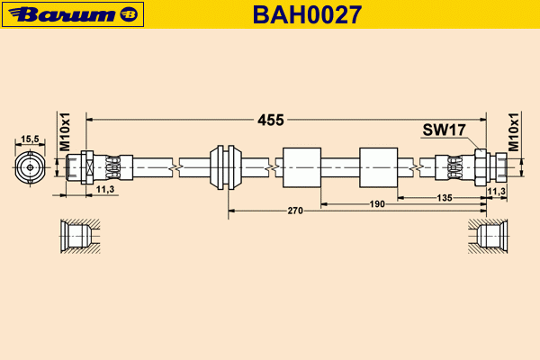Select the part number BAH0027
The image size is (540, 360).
306,14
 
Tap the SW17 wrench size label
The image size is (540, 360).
443,130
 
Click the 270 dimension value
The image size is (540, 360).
294,211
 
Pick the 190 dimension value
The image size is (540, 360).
377,204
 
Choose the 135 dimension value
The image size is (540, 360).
444,197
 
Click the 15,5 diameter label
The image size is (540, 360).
30,139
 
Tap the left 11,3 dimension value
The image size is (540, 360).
104,190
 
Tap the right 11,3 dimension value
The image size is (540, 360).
496,191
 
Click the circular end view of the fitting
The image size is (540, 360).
30,166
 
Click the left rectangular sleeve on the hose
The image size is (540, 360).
301,166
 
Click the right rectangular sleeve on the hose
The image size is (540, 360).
378,166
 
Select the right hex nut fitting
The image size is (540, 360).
482,166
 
